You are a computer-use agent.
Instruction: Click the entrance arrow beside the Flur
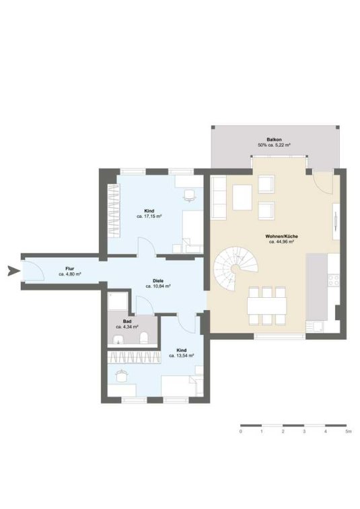(13, 270)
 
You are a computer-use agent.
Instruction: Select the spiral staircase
(236, 268)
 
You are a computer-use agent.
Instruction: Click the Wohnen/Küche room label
(281, 236)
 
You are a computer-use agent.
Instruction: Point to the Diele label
(158, 281)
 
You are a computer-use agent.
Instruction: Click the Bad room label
(127, 321)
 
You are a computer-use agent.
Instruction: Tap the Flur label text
(69, 269)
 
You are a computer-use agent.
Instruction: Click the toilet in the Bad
(144, 338)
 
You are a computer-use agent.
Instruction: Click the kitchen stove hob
(334, 280)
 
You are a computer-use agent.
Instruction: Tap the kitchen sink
(314, 327)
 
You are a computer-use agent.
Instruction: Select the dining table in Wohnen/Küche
(267, 305)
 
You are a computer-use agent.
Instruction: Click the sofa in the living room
(219, 198)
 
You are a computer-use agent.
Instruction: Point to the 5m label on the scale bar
(349, 432)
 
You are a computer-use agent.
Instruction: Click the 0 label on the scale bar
(240, 432)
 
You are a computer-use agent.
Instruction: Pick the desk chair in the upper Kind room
(190, 196)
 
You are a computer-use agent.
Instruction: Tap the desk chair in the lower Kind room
(122, 376)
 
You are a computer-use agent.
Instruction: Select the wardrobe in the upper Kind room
(114, 210)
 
